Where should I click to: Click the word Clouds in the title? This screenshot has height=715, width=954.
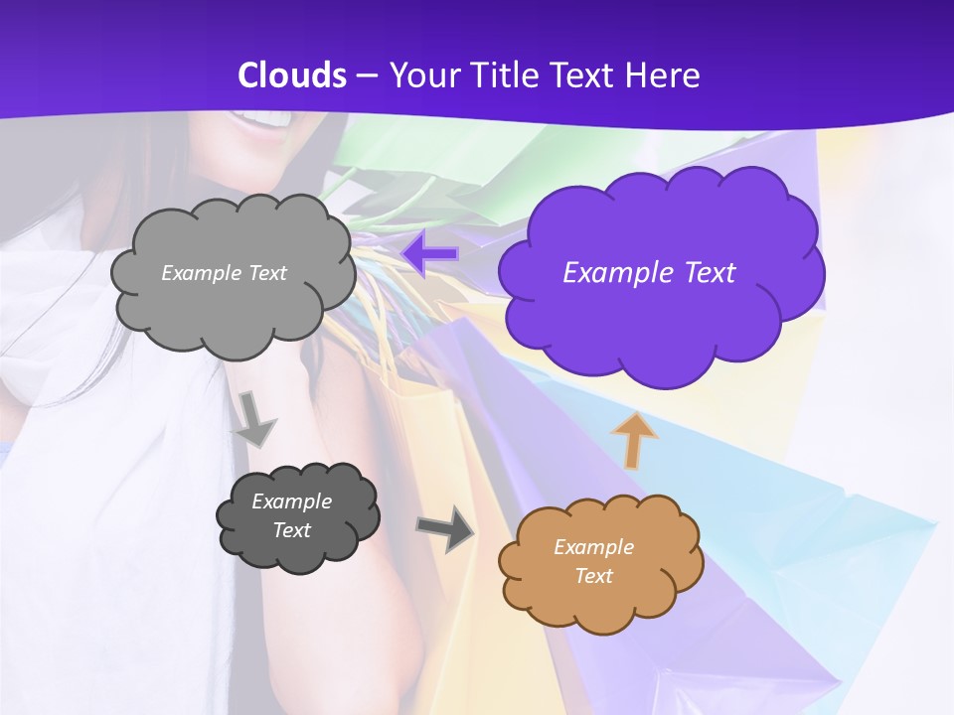tap(292, 75)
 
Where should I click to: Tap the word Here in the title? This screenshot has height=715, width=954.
tap(663, 75)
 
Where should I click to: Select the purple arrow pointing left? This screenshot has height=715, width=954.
tap(429, 254)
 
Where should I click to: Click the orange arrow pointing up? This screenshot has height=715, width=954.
tap(633, 441)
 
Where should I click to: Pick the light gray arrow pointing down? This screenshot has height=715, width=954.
tap(253, 418)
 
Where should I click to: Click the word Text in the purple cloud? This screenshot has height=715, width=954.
tap(708, 273)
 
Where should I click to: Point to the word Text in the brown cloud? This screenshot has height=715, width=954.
tap(593, 576)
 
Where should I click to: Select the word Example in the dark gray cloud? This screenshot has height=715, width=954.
tap(291, 501)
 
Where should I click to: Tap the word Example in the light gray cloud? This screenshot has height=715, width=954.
tap(202, 273)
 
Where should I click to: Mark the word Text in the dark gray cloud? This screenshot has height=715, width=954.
tap(291, 530)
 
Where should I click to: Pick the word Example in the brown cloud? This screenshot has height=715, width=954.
tap(593, 547)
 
